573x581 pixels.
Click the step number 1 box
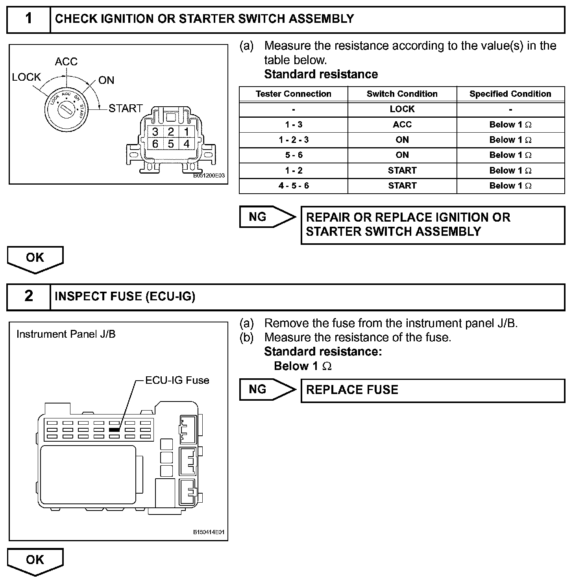(29, 19)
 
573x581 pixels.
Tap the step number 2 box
(29, 296)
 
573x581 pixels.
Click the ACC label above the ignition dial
(66, 62)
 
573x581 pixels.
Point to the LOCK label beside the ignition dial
(26, 77)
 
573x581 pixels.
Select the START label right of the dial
(126, 108)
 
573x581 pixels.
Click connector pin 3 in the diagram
(155, 132)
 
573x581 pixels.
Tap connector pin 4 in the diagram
(186, 144)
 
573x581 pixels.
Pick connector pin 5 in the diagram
(171, 144)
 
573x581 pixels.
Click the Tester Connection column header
(294, 94)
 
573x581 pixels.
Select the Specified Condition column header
(510, 94)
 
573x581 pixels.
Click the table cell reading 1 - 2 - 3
(294, 140)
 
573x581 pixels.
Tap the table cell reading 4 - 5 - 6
(294, 186)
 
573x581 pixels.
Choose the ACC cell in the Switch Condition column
(402, 125)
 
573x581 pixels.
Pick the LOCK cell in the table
(402, 109)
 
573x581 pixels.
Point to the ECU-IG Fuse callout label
(177, 380)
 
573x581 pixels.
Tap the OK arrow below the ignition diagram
(35, 259)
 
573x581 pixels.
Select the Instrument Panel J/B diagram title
(66, 334)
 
